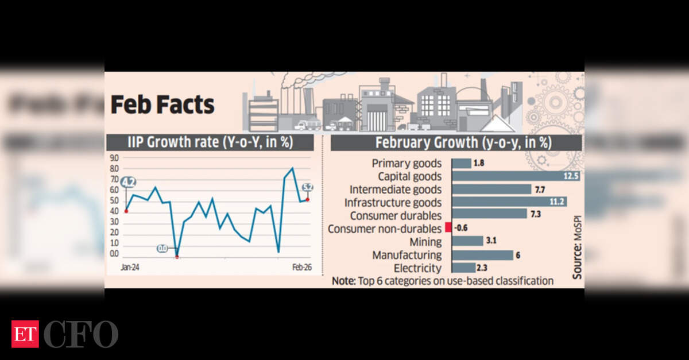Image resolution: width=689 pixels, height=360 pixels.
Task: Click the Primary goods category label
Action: pyautogui.click(x=407, y=164)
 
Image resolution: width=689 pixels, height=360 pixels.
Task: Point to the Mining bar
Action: pyautogui.click(x=467, y=241)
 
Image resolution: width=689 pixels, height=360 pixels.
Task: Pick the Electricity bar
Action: pyautogui.click(x=463, y=268)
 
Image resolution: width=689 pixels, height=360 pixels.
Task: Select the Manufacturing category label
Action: pyautogui.click(x=407, y=254)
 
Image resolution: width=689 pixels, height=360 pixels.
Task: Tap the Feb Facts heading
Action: pyautogui.click(x=162, y=105)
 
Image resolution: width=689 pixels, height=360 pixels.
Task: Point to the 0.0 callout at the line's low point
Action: pyautogui.click(x=162, y=249)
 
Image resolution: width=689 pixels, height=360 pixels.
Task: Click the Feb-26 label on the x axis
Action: pyautogui.click(x=303, y=268)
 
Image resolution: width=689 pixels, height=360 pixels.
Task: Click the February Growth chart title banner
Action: pyautogui.click(x=456, y=142)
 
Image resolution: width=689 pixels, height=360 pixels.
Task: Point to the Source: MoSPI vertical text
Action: pyautogui.click(x=576, y=253)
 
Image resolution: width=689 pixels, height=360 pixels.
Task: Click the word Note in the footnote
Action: pyautogui.click(x=343, y=281)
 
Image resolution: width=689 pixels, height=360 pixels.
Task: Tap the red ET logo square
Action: pyautogui.click(x=25, y=334)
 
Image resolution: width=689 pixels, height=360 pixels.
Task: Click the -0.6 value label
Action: pyautogui.click(x=462, y=229)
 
